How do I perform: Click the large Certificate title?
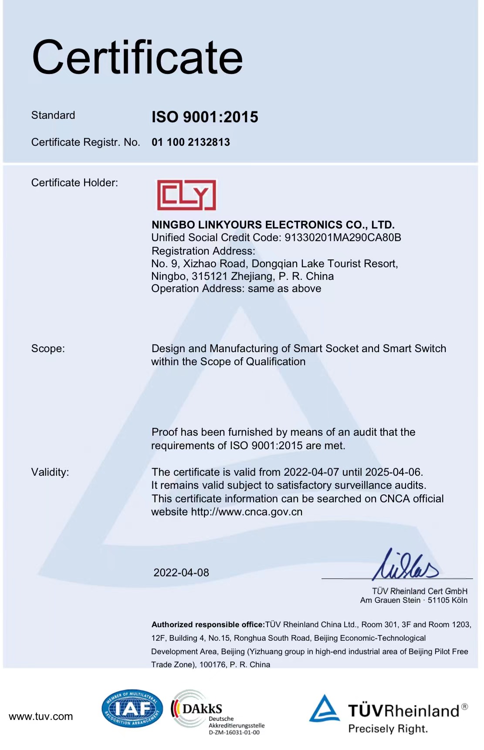(137, 57)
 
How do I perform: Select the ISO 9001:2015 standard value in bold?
(205, 117)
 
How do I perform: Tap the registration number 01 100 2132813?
(191, 142)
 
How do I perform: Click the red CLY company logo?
(186, 195)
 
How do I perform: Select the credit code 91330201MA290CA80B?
(343, 238)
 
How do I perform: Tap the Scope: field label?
(48, 349)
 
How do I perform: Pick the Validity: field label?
(50, 472)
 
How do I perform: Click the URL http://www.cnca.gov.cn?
(247, 512)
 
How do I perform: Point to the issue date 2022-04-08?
(181, 573)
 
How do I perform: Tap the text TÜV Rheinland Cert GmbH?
(420, 591)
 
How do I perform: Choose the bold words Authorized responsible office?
(208, 625)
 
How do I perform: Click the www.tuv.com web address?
(41, 716)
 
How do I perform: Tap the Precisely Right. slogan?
(388, 729)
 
